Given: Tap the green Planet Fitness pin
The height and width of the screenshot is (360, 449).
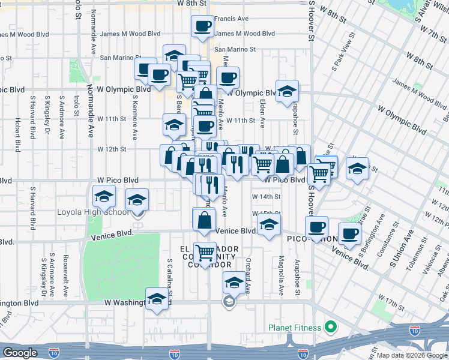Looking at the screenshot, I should (329, 328).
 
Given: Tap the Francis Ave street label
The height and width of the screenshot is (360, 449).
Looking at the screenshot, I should (231, 19).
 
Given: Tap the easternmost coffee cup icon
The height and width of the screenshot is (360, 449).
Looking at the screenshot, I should (349, 233).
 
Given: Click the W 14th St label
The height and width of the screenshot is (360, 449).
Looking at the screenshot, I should (266, 197).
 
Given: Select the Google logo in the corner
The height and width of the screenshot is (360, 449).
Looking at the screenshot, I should (20, 353).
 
